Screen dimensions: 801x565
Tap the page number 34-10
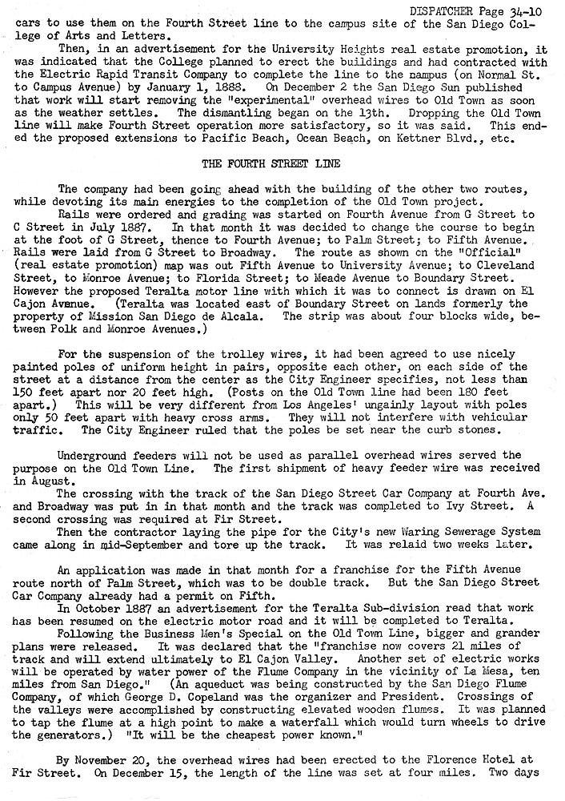[527, 10]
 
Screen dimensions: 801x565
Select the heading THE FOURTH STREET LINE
[272, 164]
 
